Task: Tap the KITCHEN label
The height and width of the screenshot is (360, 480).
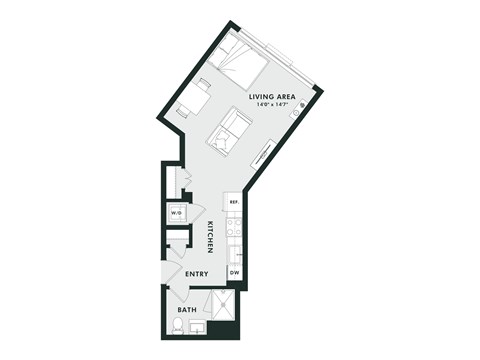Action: (x=211, y=236)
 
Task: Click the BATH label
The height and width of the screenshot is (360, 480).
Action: (x=187, y=310)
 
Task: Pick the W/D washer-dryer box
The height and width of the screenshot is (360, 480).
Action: (x=177, y=214)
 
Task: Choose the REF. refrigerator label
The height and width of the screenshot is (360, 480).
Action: (x=233, y=203)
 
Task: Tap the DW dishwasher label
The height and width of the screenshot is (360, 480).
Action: (x=234, y=272)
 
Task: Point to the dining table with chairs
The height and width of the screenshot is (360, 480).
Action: (x=196, y=98)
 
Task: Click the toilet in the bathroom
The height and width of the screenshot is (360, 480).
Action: (x=177, y=324)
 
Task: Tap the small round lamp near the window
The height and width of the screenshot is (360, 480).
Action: (x=297, y=112)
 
